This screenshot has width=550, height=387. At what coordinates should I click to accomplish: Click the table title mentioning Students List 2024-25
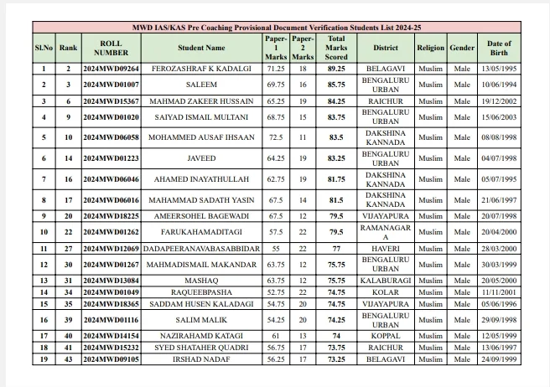(x=274, y=27)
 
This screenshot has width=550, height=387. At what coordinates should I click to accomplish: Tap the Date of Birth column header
(x=500, y=48)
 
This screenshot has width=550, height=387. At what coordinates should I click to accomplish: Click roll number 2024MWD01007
(x=112, y=85)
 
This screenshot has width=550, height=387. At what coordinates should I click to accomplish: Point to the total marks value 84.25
(x=337, y=101)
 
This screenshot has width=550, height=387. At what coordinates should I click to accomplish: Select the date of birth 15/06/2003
(x=500, y=117)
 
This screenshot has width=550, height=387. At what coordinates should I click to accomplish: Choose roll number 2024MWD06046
(x=112, y=179)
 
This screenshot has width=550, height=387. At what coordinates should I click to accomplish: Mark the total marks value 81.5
(x=337, y=200)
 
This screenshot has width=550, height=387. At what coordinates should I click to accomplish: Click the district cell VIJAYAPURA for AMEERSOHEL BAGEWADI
(x=386, y=216)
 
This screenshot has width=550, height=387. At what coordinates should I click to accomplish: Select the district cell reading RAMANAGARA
(x=386, y=232)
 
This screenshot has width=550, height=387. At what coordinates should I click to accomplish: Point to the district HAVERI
(x=386, y=249)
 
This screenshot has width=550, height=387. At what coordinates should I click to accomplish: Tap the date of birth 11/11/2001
(x=500, y=292)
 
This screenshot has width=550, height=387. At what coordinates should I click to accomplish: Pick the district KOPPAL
(x=386, y=335)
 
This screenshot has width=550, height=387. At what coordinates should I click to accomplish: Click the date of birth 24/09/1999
(x=500, y=359)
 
